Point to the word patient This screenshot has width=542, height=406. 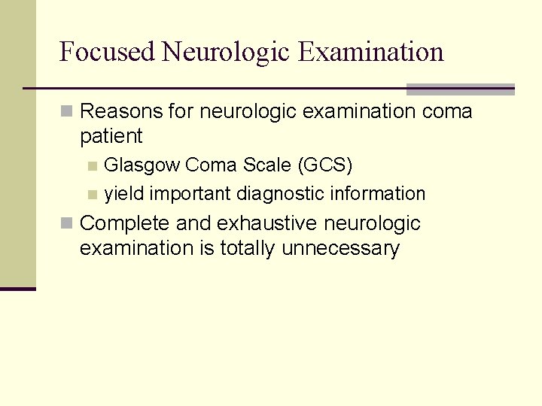(x=111, y=136)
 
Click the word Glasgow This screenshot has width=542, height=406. (x=142, y=165)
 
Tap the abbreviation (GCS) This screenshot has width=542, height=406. (x=326, y=165)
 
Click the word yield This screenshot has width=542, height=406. (x=124, y=193)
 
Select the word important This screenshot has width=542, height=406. (x=190, y=194)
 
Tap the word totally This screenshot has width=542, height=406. (x=248, y=248)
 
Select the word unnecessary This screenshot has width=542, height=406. (x=340, y=249)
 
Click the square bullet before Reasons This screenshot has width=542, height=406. (x=67, y=112)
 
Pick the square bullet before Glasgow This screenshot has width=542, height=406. (x=92, y=165)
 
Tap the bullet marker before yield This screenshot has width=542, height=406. (x=92, y=194)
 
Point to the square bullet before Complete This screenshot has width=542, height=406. (x=67, y=223)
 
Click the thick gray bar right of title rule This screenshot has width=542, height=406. (x=460, y=89)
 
